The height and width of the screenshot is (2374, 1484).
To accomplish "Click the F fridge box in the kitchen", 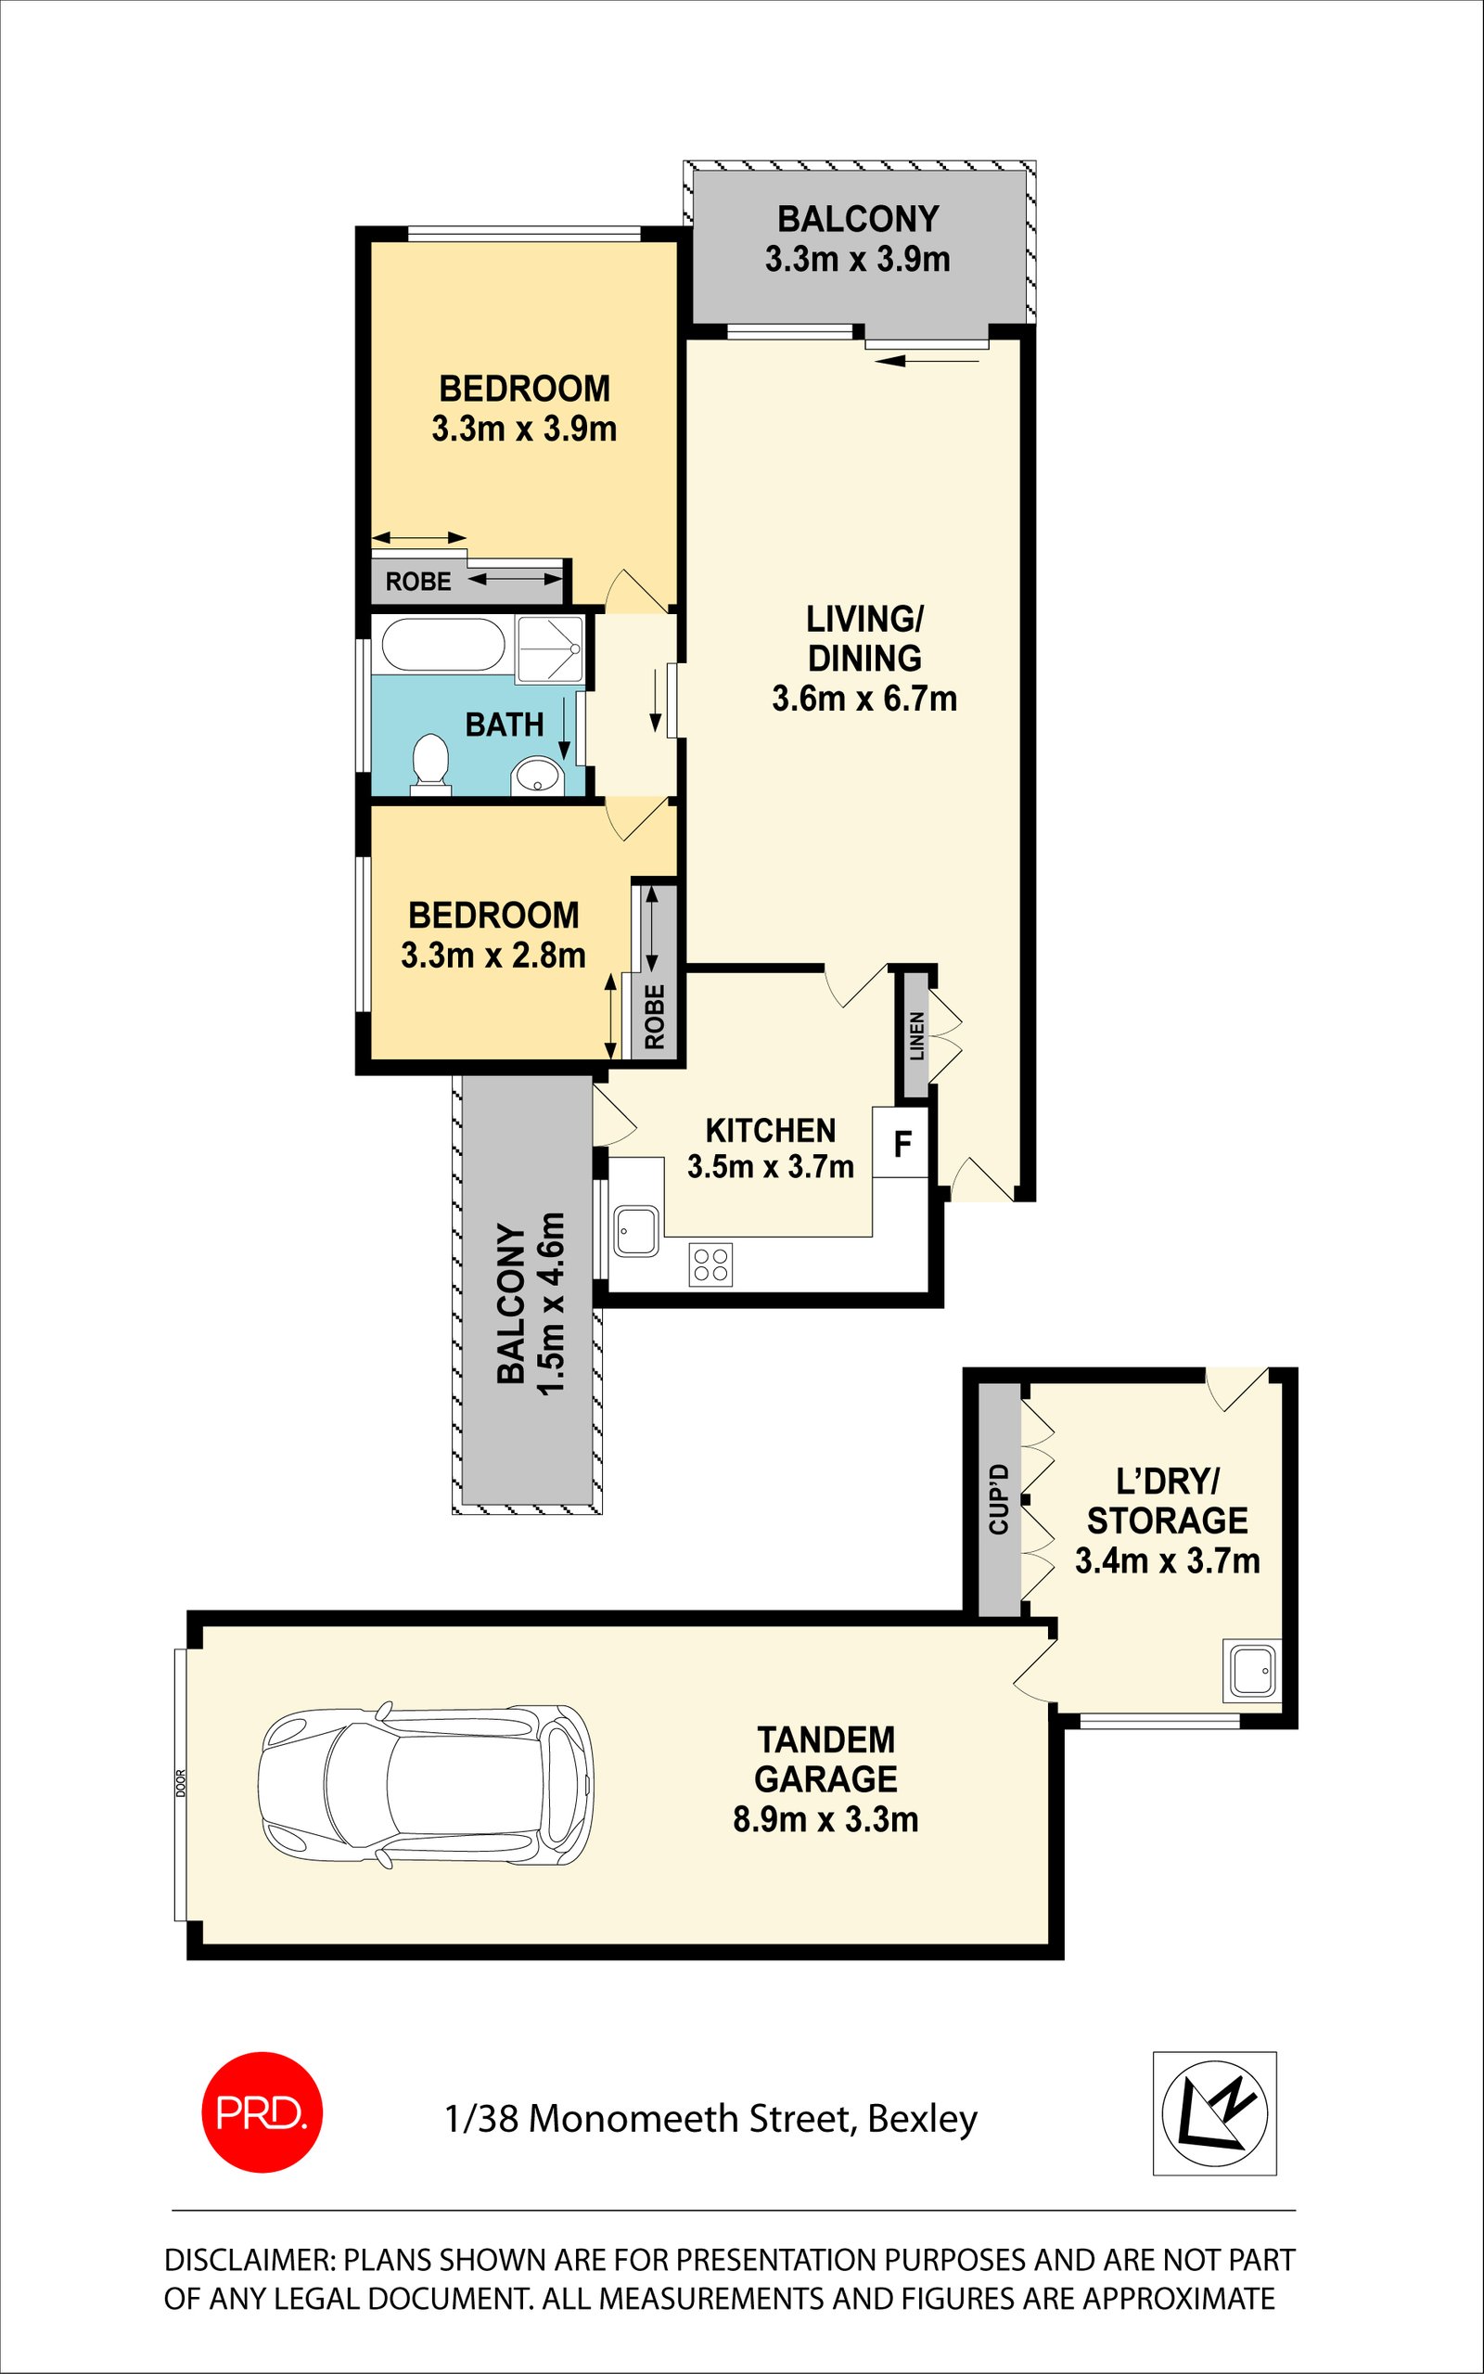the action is [x=901, y=1142].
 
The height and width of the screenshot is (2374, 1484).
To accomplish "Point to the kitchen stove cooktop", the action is [x=710, y=1264].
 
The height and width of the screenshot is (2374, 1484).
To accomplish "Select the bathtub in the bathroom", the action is [x=443, y=645].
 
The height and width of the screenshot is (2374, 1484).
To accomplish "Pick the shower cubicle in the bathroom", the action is [x=550, y=649].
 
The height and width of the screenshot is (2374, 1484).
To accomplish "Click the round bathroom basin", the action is [x=536, y=775].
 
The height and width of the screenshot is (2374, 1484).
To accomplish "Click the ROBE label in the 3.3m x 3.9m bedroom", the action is [x=418, y=582].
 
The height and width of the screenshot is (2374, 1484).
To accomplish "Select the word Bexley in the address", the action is [x=923, y=2119].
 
